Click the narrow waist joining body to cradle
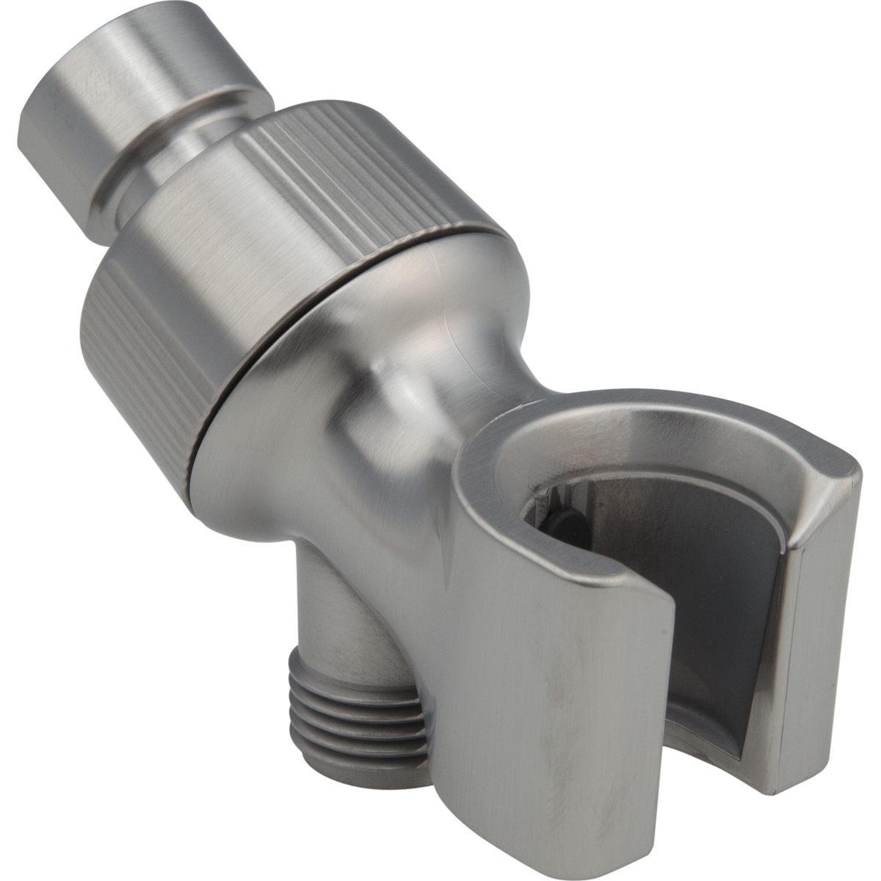tap(411, 411)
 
